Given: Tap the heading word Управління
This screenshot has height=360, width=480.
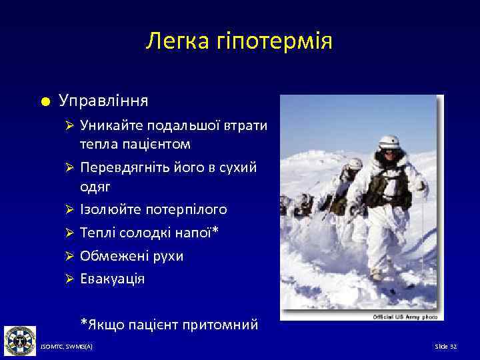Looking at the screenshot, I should (x=103, y=101).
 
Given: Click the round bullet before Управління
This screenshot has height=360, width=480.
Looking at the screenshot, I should (x=43, y=101).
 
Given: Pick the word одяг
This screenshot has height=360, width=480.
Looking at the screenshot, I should (x=95, y=187).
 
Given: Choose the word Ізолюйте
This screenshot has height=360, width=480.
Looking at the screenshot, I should (x=107, y=209).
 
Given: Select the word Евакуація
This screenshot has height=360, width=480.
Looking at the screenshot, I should (x=112, y=279).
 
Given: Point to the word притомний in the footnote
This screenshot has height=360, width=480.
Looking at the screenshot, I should (x=221, y=325).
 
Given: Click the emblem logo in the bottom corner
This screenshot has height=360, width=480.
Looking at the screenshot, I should (x=19, y=341).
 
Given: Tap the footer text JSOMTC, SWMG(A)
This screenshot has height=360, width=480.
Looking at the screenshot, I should (x=67, y=347).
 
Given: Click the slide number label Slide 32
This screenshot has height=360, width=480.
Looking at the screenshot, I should (x=445, y=347).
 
